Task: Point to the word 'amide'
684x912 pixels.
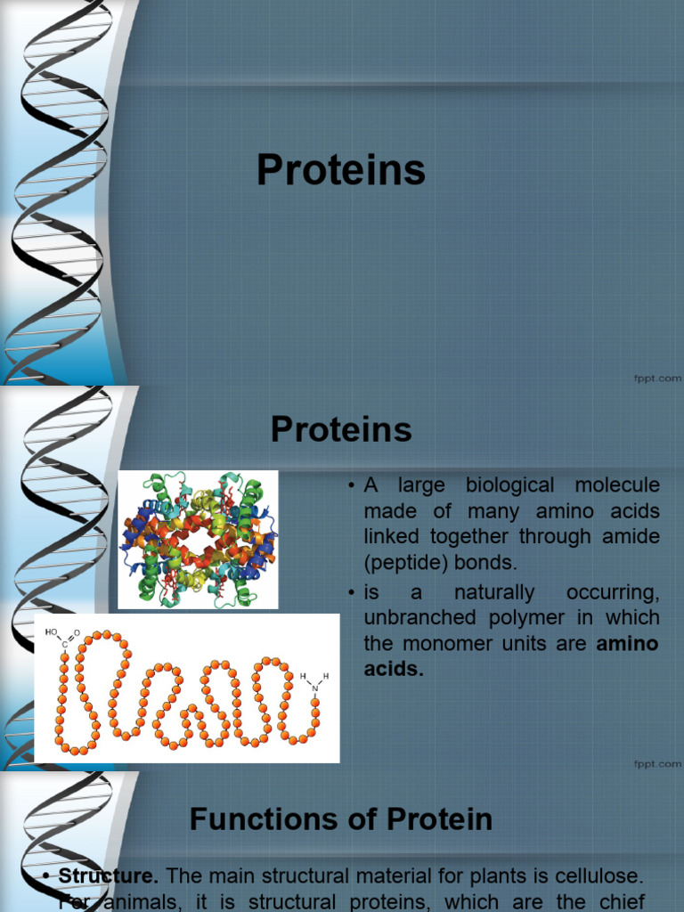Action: pyautogui.click(x=627, y=537)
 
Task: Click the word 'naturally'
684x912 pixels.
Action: pyautogui.click(x=493, y=592)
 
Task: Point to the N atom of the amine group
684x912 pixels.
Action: pyautogui.click(x=314, y=688)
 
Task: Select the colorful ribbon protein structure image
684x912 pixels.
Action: pyautogui.click(x=199, y=540)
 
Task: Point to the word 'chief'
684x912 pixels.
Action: pyautogui.click(x=621, y=902)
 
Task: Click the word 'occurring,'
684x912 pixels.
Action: pyautogui.click(x=613, y=592)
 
